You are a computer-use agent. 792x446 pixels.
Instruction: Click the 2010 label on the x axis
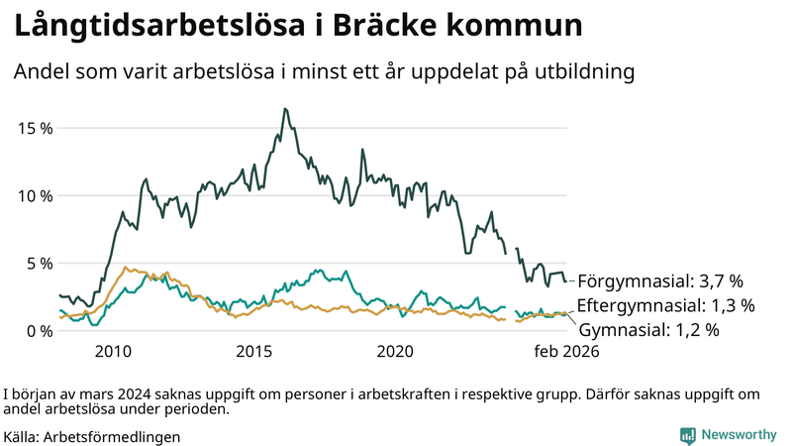tap(113, 351)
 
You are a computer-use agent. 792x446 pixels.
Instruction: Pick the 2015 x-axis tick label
tap(254, 351)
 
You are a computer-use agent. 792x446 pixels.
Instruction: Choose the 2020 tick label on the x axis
tap(396, 351)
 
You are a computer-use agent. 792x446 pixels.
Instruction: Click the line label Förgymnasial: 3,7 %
tap(659, 280)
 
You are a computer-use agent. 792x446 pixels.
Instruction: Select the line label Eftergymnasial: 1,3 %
tap(665, 305)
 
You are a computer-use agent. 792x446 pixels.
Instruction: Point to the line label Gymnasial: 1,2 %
tap(648, 329)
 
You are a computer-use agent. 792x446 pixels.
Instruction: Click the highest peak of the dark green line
tap(285, 109)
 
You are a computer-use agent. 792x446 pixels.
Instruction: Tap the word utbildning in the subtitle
tap(578, 72)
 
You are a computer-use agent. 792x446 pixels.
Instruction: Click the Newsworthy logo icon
tap(687, 435)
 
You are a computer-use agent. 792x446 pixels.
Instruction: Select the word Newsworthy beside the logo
tap(739, 435)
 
